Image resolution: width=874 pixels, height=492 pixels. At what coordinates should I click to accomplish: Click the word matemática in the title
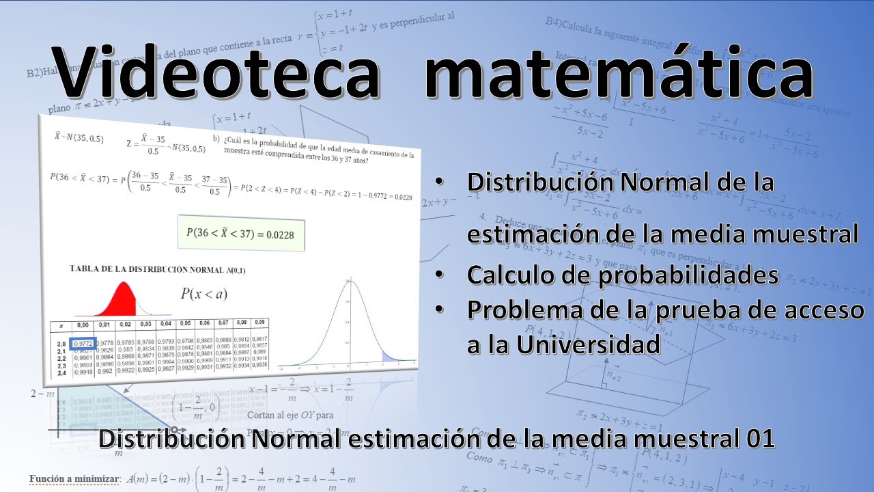click(x=618, y=72)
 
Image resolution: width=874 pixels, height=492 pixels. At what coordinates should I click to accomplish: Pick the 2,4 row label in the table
click(x=61, y=373)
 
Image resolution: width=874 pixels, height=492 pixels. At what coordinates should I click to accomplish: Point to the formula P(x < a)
click(x=203, y=295)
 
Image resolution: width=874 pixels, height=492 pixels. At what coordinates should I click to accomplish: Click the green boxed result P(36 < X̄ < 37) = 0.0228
click(x=240, y=234)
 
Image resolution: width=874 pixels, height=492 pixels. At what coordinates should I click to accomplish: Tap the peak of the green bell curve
click(x=349, y=282)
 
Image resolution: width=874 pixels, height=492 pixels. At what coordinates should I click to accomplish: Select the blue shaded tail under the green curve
click(x=390, y=356)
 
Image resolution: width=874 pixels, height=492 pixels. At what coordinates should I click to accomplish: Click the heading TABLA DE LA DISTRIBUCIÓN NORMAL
click(x=157, y=270)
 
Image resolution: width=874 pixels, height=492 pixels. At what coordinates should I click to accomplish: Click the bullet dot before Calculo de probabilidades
click(x=438, y=275)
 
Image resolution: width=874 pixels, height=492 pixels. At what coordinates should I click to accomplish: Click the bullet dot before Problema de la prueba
click(x=438, y=310)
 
